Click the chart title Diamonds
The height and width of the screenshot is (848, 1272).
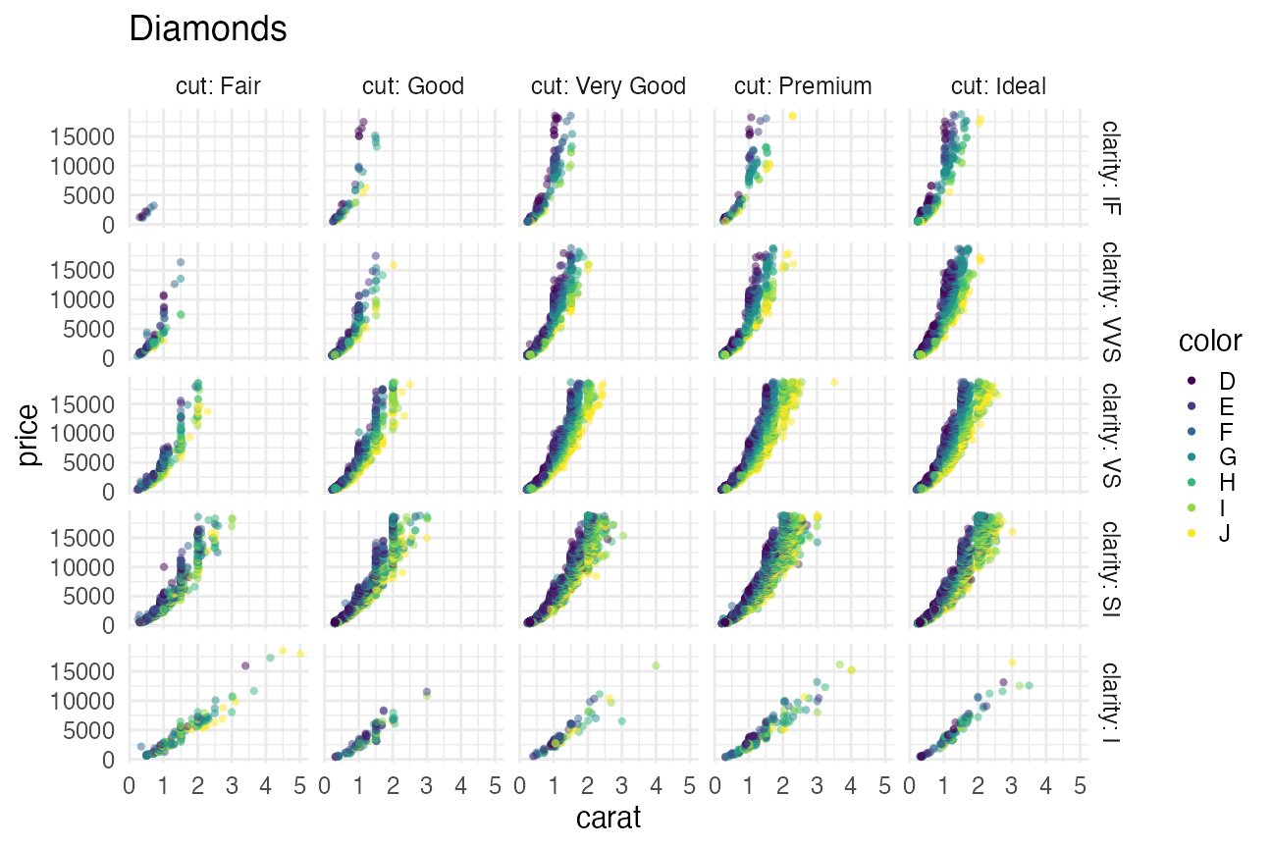coord(208,29)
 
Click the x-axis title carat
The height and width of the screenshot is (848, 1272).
coord(609,817)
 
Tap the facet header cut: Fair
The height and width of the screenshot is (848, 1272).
coord(218,86)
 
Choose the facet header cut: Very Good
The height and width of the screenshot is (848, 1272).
coord(609,86)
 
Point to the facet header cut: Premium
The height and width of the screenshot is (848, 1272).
coord(803,86)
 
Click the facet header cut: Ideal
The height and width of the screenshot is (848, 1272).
coord(998,86)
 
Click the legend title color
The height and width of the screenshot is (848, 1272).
coord(1210,342)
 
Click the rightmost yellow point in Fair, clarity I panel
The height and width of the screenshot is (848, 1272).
coord(300,653)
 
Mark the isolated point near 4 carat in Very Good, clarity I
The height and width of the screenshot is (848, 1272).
coord(655,665)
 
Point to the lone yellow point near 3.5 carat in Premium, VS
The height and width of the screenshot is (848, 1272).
coord(834,382)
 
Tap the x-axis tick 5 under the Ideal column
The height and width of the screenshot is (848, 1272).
coord(1080,786)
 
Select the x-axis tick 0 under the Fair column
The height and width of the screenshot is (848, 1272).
coord(130,786)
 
